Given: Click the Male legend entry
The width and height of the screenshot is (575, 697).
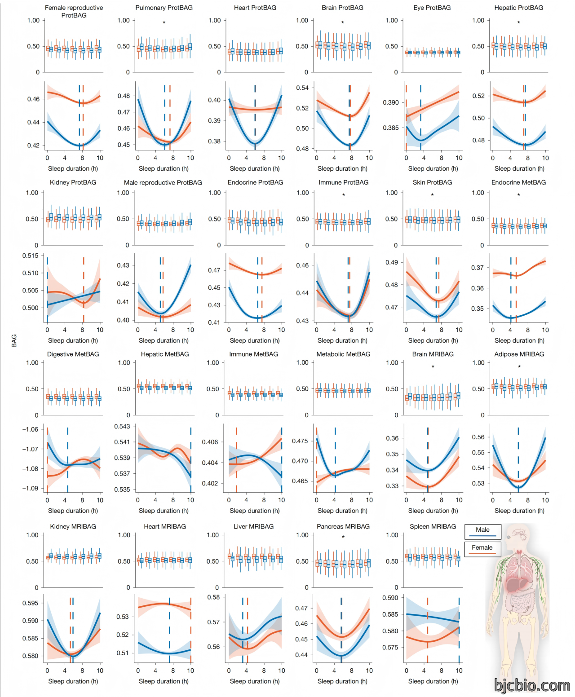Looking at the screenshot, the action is (x=482, y=532).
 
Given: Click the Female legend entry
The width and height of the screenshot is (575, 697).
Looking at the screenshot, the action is (x=482, y=549).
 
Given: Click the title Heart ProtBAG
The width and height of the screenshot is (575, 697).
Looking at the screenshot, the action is (x=255, y=8).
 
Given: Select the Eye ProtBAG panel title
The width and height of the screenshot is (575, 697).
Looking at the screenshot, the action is (x=432, y=8).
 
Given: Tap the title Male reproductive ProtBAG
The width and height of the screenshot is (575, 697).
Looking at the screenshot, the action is (x=163, y=183).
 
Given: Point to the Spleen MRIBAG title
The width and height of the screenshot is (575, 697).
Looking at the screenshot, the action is (x=433, y=526).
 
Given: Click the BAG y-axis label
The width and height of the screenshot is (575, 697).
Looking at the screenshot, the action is (x=14, y=341).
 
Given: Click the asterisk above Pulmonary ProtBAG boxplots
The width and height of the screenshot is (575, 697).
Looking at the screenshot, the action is (x=164, y=23).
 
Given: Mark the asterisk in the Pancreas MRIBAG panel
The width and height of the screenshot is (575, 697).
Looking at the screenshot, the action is (x=343, y=537).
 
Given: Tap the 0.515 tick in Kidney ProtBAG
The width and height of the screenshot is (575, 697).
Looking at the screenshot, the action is (x=31, y=256).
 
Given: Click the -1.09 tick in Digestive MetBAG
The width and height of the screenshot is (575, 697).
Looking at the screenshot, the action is (x=31, y=488).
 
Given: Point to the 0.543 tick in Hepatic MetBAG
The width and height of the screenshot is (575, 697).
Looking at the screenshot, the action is (x=122, y=426).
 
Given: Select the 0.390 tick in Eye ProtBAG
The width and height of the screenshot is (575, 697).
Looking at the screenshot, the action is (x=391, y=102).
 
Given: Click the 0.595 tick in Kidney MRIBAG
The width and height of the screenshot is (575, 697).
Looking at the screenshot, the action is (x=31, y=603).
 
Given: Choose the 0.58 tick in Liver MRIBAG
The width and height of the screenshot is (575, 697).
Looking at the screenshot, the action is (x=214, y=597).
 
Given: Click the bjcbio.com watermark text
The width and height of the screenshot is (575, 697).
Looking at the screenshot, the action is (x=532, y=685).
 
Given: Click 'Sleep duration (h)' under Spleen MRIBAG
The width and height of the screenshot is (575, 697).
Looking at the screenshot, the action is (x=433, y=681).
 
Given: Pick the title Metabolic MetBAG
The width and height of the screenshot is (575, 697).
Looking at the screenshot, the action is (x=343, y=354).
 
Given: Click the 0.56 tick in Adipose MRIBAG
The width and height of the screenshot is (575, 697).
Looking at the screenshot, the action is (x=478, y=437).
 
